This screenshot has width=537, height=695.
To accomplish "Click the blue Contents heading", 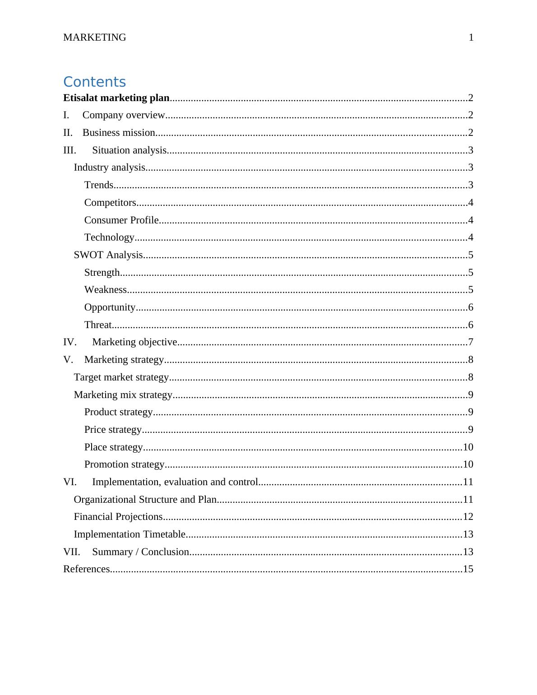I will pos(94,82).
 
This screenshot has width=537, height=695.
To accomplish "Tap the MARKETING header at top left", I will pos(95,37).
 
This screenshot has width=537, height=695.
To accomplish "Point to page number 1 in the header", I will pos(471,37).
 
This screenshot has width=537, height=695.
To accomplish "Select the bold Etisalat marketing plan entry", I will pos(116,98).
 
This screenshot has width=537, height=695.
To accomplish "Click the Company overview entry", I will pos(124,115).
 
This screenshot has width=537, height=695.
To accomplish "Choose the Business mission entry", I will pos(119,133).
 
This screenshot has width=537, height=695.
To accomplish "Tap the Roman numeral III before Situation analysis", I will pos(69,150).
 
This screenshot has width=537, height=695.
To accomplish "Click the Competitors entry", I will pos(110,203).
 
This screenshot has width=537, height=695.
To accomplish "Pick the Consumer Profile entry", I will pos(121,220).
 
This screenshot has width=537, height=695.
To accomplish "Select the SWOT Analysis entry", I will pos(108,255).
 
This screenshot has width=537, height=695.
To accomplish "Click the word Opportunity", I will pos(110,307).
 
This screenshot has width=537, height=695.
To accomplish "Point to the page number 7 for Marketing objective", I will pos(471,342).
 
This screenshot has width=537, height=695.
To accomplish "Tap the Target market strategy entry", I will pos(121,377).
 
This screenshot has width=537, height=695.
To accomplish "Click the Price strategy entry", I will pos(113,430).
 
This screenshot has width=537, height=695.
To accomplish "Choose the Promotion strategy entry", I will pos(124,464).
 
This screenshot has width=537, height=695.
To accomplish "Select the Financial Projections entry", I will pos(118,517).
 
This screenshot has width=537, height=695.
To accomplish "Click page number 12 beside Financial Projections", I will pos(468,517).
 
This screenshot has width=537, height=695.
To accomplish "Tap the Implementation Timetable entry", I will pos(130,534).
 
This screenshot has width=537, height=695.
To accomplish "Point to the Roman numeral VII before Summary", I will pos(71,552).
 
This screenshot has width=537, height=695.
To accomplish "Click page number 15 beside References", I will pos(468,569).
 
